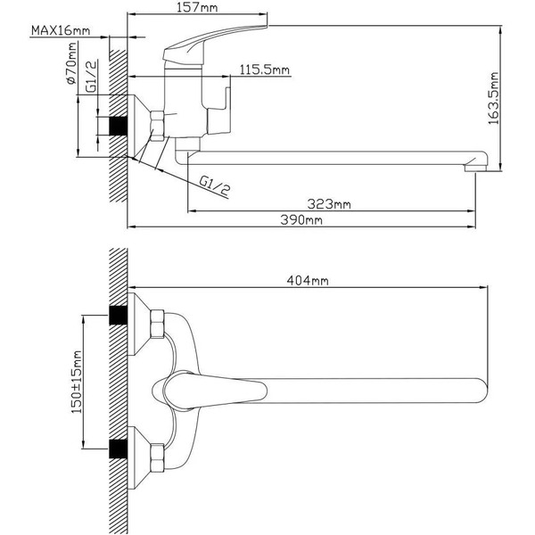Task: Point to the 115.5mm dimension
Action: click(x=265, y=70)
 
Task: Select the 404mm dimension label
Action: click(x=308, y=281)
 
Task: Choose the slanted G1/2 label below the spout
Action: click(x=214, y=185)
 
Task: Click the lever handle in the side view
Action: click(x=223, y=39)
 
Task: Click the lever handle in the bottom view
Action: click(x=214, y=389)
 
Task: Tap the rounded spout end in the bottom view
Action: click(x=477, y=388)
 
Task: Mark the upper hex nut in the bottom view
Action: click(x=158, y=325)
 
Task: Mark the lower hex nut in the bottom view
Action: click(x=158, y=453)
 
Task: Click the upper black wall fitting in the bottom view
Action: click(x=115, y=315)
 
